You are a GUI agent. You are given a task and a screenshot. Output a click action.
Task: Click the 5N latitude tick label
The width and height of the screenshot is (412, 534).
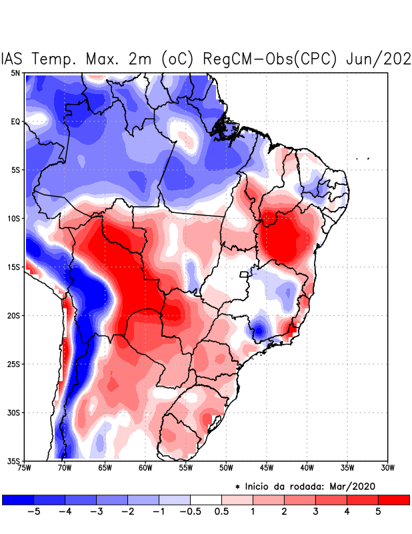coord(15,73)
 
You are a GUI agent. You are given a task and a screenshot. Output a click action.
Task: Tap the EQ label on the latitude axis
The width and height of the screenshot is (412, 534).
coord(15,121)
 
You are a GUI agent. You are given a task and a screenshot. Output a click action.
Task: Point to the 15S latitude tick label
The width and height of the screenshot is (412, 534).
coord(13,267)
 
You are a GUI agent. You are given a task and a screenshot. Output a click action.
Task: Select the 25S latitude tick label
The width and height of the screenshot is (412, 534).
coord(13,364)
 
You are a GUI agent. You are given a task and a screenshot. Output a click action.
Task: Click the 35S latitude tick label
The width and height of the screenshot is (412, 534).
coord(13,461)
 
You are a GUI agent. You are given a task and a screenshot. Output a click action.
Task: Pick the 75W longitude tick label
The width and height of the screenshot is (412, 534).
coord(25,468)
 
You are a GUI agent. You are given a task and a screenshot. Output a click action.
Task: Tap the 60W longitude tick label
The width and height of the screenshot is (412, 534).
coord(145,468)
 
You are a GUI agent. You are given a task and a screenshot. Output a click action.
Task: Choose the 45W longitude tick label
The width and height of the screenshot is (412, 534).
coord(266,468)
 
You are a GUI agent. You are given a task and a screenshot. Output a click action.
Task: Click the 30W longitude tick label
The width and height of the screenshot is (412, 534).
coord(387,468)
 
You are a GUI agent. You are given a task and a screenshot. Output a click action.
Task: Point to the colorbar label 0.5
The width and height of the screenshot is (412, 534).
coord(222,512)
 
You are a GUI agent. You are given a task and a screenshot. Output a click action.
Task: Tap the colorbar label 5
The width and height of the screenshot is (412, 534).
coord(378,512)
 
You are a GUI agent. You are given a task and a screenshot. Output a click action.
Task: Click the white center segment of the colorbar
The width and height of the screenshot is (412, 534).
coord(206,499)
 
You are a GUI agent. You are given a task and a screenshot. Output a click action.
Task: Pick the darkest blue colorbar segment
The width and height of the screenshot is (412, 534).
coord(18,499)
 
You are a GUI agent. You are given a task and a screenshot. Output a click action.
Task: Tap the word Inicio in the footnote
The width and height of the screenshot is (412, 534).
coord(259,486)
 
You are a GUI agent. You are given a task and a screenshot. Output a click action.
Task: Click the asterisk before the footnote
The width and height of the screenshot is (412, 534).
coord(237,487)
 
